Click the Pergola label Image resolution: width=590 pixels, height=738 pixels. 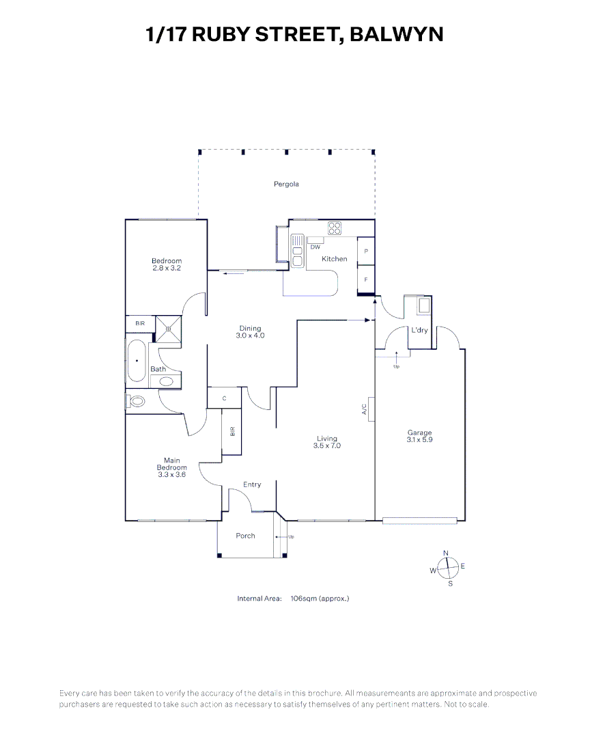click(287, 184)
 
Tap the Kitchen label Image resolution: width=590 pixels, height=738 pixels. click(335, 259)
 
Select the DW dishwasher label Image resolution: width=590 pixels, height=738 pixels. click(315, 247)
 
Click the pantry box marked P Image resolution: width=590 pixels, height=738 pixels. click(366, 251)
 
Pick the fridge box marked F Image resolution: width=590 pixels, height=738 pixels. click(366, 279)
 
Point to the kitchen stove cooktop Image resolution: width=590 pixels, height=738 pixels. click(334, 228)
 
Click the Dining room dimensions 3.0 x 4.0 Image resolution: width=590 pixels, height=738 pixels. click(250, 336)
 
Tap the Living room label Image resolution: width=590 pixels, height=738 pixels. click(327, 439)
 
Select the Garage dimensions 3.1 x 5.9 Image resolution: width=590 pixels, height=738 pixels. click(419, 439)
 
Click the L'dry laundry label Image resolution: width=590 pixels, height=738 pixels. click(419, 331)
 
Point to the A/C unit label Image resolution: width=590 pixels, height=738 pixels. click(365, 409)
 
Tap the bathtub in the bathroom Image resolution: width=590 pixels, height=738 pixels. click(137, 360)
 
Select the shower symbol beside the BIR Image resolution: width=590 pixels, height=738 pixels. click(167, 328)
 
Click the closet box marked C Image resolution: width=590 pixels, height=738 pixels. click(224, 398)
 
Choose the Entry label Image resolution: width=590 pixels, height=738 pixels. click(252, 484)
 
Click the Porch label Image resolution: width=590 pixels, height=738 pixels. click(245, 536)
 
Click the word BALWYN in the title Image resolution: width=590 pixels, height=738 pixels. click(396, 34)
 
